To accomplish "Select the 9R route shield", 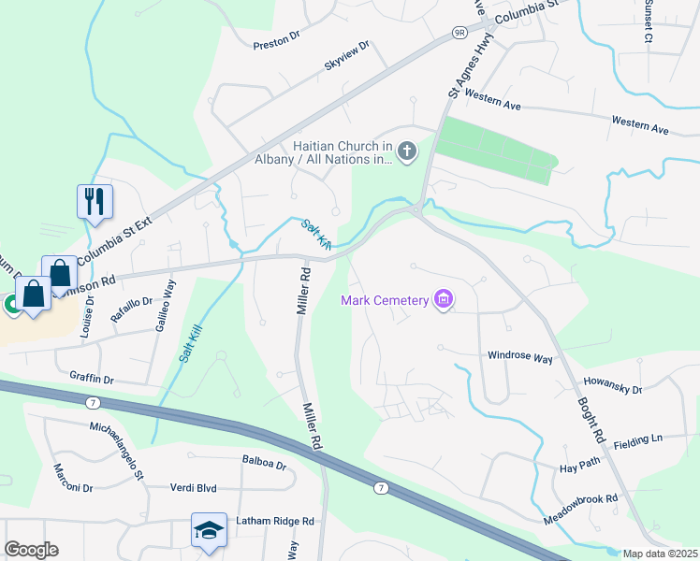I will click(459, 33).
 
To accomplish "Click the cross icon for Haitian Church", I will click(406, 151).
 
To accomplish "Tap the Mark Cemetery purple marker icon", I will click(444, 300).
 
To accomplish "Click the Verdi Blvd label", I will click(194, 488).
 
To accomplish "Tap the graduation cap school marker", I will click(209, 529).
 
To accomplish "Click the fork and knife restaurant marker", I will click(95, 200).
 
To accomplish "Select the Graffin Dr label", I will click(92, 380).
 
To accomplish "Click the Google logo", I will click(31, 550).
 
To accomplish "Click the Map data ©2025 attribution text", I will click(660, 554).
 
